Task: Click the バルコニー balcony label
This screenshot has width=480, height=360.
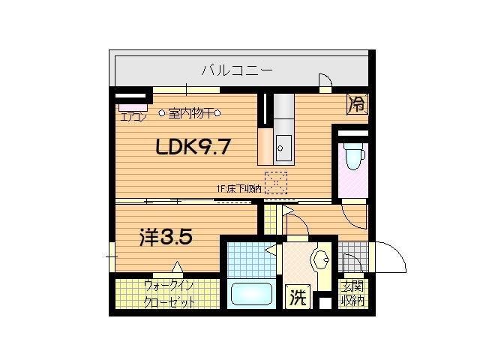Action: pos(236,71)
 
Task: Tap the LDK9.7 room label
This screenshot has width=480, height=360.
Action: pos(192,148)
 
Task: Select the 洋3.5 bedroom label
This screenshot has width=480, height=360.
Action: pos(166,237)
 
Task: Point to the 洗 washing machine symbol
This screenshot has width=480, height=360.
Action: pos(298,298)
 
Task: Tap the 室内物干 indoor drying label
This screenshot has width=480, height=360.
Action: pos(189,114)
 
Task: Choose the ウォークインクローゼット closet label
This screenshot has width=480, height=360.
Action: pos(169,295)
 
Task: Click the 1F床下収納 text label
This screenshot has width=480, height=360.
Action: pos(239,189)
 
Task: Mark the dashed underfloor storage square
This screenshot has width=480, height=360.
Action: pos(276,183)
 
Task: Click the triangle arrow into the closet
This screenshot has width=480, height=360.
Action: pos(177,267)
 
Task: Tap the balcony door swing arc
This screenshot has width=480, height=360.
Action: pos(326,81)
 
